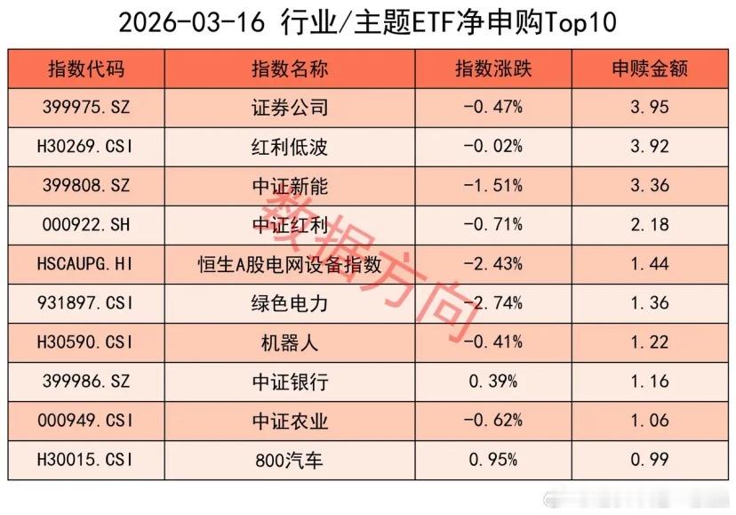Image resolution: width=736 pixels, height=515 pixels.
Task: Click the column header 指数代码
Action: tap(86, 69)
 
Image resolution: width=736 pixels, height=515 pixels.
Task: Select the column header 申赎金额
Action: tap(649, 69)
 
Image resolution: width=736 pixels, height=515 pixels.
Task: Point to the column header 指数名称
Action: tap(290, 69)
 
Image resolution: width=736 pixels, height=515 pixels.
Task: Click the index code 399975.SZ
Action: tap(86, 109)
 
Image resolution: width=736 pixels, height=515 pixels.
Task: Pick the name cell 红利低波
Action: tap(290, 148)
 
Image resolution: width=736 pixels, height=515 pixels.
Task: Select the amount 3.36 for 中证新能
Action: tap(649, 187)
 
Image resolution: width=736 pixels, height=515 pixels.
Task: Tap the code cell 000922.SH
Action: tap(86, 226)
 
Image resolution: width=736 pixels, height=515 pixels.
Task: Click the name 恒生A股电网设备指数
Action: tap(290, 264)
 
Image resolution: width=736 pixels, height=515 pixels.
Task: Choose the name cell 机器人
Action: tap(290, 342)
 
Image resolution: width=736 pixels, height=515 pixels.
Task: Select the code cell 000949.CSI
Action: tap(86, 421)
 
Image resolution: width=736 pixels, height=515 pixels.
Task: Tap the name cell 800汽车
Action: tap(290, 460)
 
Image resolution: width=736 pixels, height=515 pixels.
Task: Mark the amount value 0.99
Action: tap(649, 460)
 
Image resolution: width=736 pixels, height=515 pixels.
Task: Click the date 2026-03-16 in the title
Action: tap(190, 22)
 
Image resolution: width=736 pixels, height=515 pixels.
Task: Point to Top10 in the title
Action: tap(581, 22)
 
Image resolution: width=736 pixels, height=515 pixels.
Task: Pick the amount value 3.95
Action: tap(649, 109)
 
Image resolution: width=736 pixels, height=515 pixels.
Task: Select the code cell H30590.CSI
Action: tap(86, 342)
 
